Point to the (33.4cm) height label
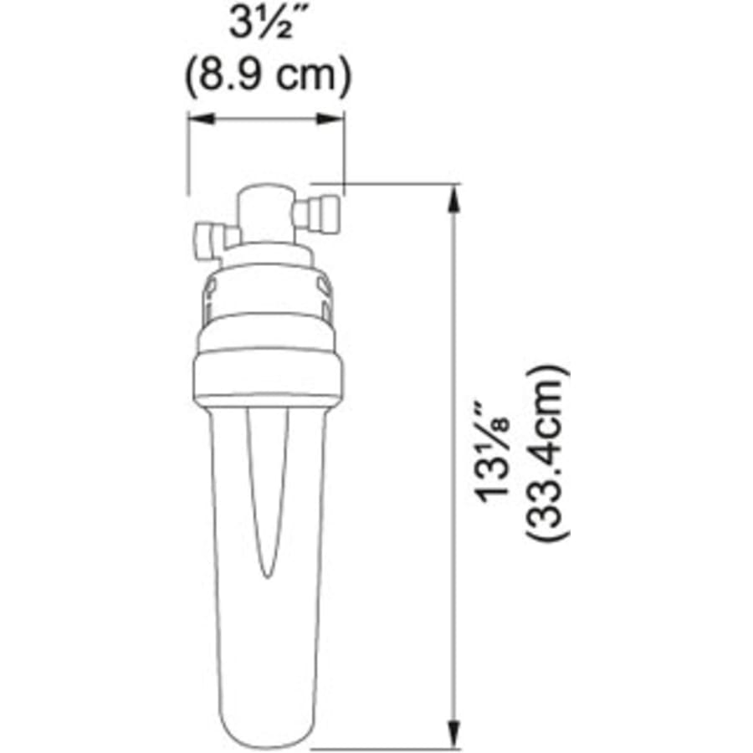[x=547, y=453]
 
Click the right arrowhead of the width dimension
[x=330, y=118]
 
